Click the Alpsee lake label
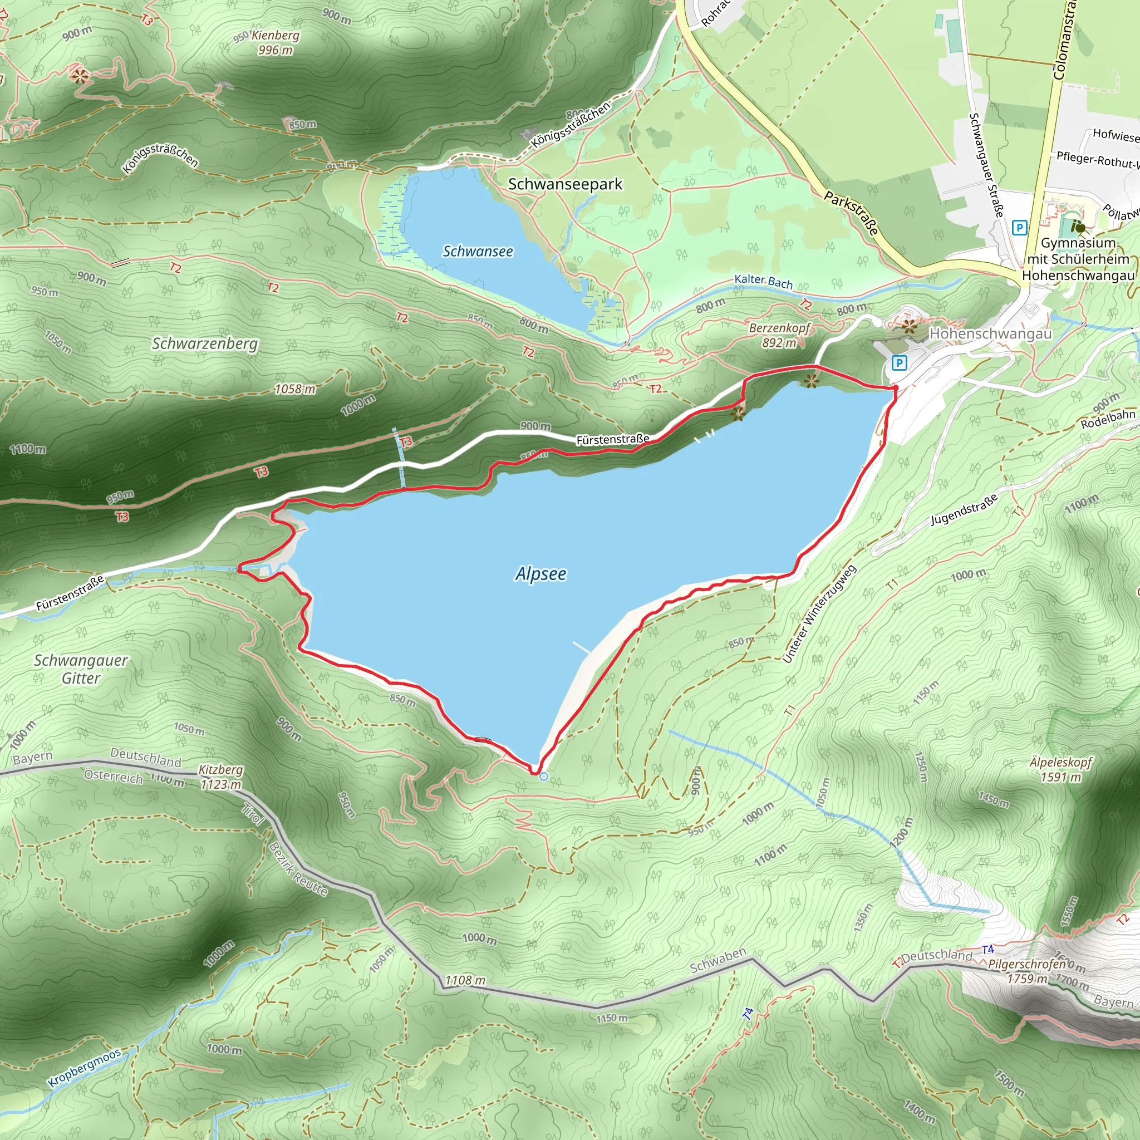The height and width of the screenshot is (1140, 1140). pyautogui.click(x=540, y=573)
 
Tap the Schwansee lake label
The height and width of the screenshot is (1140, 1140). pyautogui.click(x=478, y=252)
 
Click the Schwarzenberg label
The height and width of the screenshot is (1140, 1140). pyautogui.click(x=205, y=343)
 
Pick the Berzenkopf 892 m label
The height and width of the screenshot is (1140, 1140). pyautogui.click(x=779, y=335)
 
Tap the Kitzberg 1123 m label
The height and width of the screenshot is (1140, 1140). pyautogui.click(x=220, y=777)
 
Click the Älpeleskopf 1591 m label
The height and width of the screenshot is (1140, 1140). pyautogui.click(x=1061, y=769)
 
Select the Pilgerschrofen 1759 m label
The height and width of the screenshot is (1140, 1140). pyautogui.click(x=1028, y=971)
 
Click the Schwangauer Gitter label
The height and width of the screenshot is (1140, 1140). pyautogui.click(x=81, y=669)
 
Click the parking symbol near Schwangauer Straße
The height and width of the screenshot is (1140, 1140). pyautogui.click(x=1019, y=227)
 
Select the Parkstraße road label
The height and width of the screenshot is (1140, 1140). pyautogui.click(x=851, y=213)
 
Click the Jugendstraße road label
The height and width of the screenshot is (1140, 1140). pyautogui.click(x=964, y=510)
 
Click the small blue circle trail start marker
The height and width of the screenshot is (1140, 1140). pyautogui.click(x=543, y=777)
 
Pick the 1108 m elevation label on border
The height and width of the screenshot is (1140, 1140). pyautogui.click(x=465, y=980)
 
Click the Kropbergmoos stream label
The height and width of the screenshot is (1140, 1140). pyautogui.click(x=84, y=1068)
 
